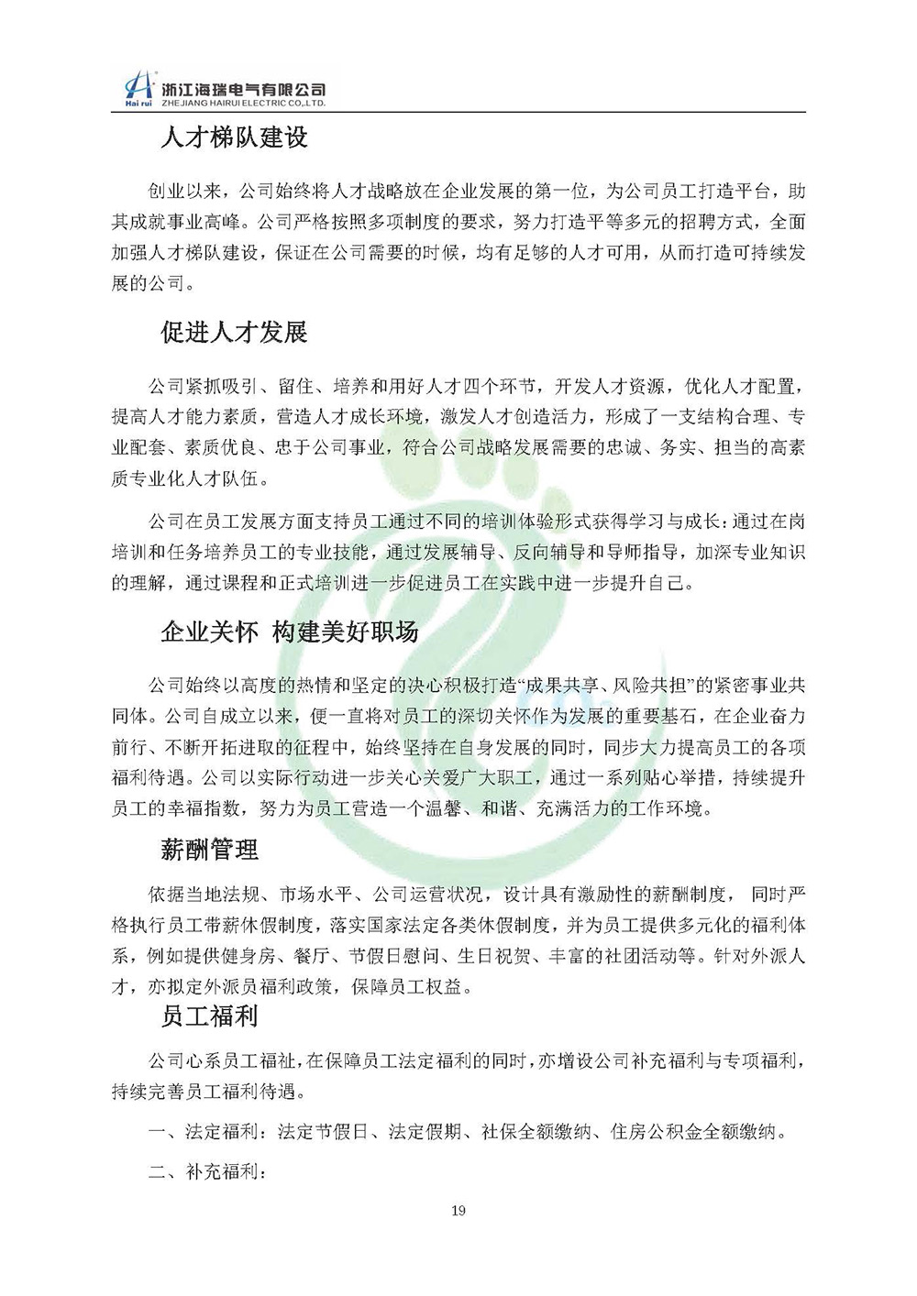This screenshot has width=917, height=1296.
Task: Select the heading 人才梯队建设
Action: pyautogui.click(x=234, y=138)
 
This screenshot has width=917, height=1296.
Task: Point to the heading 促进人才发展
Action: pyautogui.click(x=234, y=332)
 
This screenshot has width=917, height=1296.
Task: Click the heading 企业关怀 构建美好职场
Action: pyautogui.click(x=289, y=632)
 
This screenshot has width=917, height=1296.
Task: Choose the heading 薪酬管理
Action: pyautogui.click(x=209, y=850)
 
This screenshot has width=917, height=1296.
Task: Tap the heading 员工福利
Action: pyautogui.click(x=209, y=1016)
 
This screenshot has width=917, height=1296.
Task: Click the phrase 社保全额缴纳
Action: pyautogui.click(x=535, y=1132)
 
